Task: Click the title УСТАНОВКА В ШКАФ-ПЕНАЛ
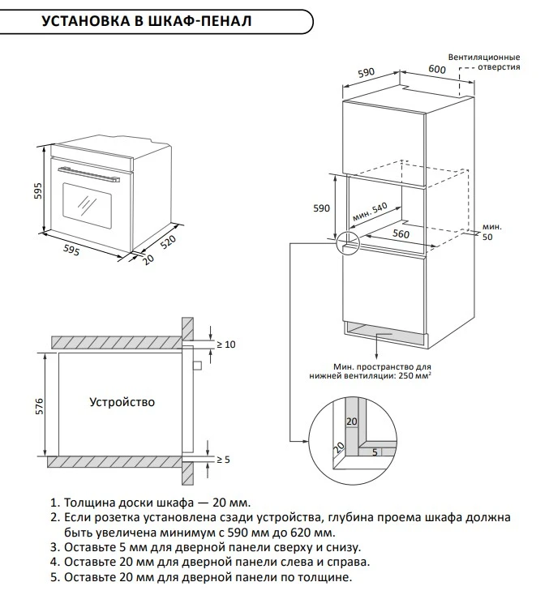(145, 21)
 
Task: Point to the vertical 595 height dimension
(38, 195)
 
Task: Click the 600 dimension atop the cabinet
(437, 71)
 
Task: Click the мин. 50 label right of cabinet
(491, 231)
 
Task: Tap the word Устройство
(122, 402)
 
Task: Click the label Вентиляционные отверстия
(487, 62)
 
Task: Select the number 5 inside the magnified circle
(375, 452)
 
